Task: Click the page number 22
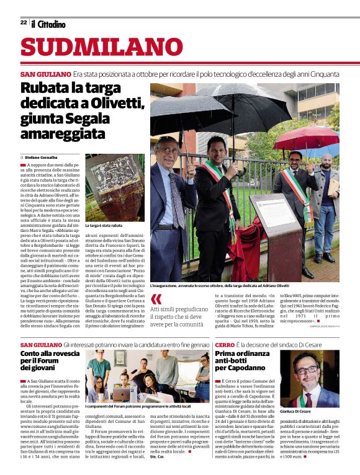(x=24, y=22)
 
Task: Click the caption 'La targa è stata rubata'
(x=103, y=226)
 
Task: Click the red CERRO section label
(x=225, y=344)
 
